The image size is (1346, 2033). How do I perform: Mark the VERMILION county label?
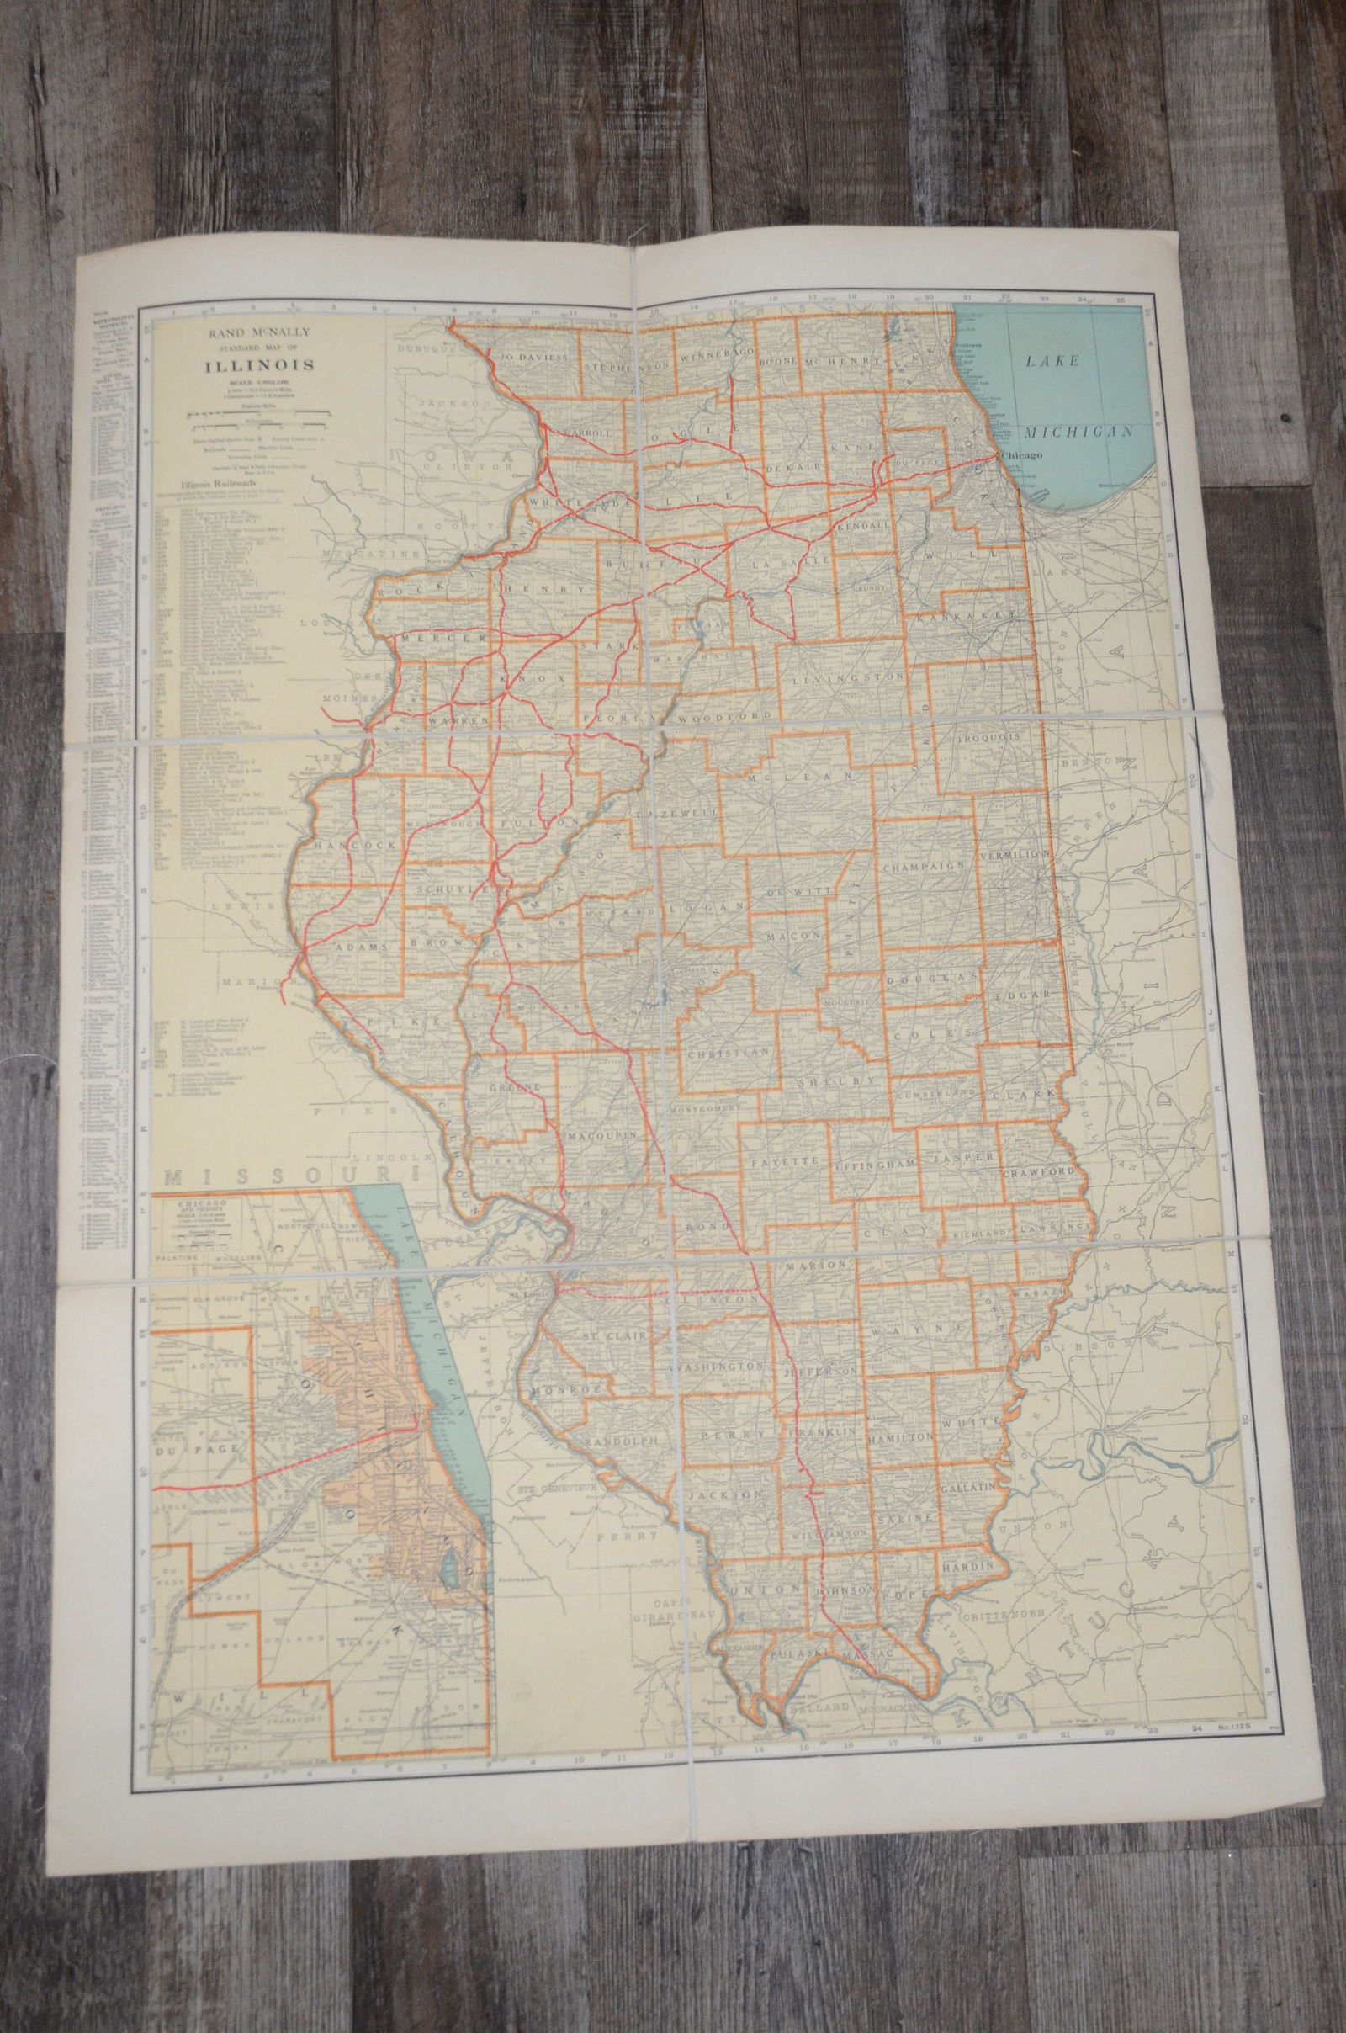(x=1014, y=856)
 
